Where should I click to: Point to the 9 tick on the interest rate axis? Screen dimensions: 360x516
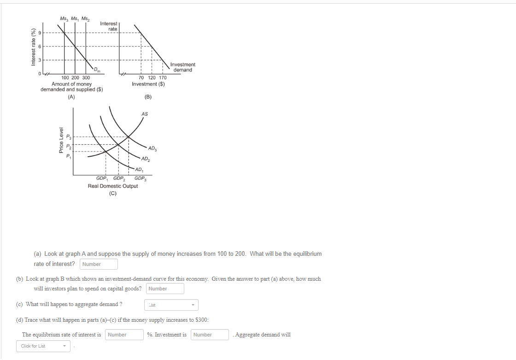pos(40,33)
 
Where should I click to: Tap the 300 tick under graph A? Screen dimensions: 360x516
pos(86,78)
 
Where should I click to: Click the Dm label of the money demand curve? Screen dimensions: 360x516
pos(97,70)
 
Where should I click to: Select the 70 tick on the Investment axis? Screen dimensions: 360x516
pos(141,78)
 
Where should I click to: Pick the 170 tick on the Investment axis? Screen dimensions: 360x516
pos(163,78)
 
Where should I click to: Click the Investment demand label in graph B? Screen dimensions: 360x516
pos(182,67)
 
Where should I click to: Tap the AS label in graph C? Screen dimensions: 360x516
pos(145,113)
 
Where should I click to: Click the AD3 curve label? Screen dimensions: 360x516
pos(152,148)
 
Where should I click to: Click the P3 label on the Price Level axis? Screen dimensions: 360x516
pos(69,137)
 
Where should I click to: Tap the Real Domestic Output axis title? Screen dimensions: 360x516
pos(113,186)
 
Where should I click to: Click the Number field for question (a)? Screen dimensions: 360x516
pos(99,264)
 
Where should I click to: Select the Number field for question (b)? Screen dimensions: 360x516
pos(165,289)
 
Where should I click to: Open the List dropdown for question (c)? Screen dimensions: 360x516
pos(171,305)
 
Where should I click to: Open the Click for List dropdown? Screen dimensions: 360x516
pos(43,346)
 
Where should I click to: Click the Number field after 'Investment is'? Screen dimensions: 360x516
pos(210,335)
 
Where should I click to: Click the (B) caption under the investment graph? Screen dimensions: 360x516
pos(148,97)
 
